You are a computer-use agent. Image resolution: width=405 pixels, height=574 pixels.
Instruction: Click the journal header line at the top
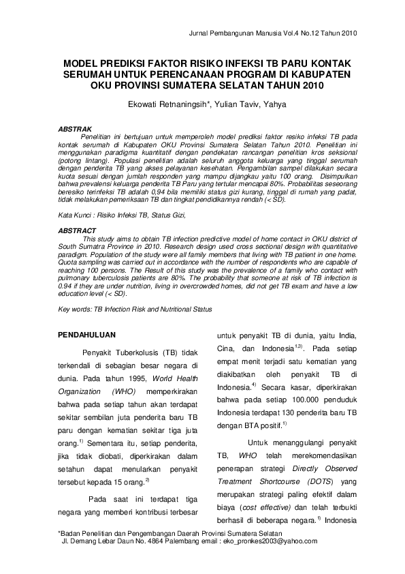[x=271, y=32]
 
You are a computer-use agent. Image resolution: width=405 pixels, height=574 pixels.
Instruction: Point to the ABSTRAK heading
[x=71, y=128]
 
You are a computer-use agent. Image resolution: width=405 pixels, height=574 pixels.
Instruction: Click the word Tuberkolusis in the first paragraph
[x=135, y=352]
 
